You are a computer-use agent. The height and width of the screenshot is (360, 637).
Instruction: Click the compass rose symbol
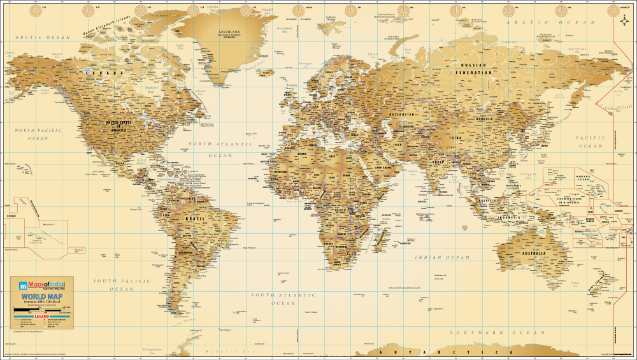coord(624,24)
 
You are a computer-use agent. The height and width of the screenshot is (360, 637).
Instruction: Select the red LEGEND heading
coord(42,316)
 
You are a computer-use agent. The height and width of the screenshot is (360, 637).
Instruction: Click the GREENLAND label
coord(229,32)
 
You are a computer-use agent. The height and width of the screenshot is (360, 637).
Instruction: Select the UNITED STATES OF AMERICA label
coord(118,125)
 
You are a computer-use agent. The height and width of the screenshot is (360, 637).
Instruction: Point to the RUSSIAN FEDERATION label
coord(473,69)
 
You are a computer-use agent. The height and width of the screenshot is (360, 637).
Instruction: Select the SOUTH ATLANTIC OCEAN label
coord(283,299)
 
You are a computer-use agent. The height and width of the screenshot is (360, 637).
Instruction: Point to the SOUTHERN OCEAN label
coord(497,333)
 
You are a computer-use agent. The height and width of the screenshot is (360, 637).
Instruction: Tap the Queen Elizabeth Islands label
coord(108,25)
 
